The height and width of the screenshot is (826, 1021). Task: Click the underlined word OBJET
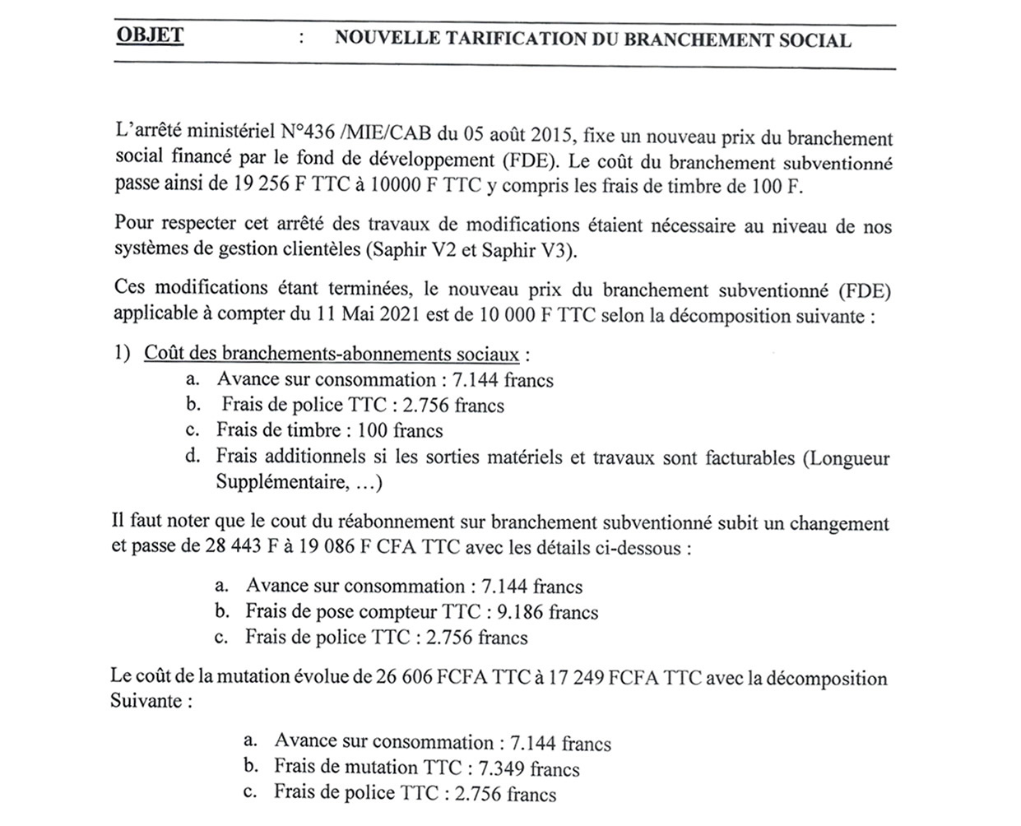[150, 36]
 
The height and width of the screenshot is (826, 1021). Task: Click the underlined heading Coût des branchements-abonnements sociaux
[332, 355]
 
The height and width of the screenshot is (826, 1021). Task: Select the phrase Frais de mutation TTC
[368, 768]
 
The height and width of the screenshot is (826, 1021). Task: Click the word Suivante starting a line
[145, 703]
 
